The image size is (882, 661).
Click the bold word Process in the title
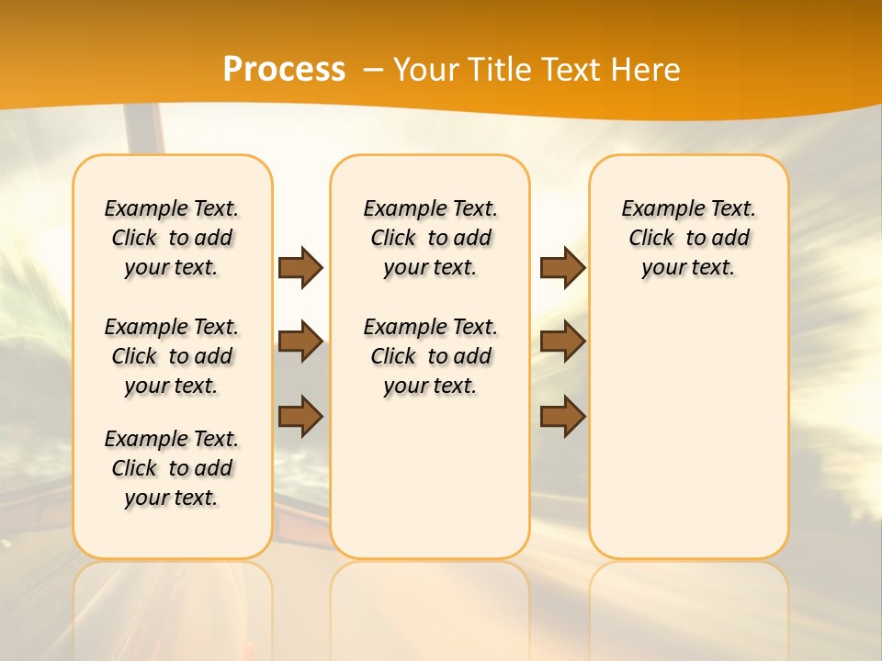(284, 69)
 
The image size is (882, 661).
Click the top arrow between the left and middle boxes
(300, 267)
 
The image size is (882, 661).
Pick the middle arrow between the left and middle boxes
(300, 342)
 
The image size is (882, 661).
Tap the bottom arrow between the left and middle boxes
(300, 416)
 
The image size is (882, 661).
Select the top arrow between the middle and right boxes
(562, 267)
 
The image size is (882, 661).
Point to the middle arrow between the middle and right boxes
(562, 342)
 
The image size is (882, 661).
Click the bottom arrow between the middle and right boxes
(562, 416)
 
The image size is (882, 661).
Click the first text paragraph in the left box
(172, 238)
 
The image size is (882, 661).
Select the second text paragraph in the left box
(172, 356)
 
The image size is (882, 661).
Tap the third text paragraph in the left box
(172, 468)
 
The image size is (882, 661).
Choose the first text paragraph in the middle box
(431, 238)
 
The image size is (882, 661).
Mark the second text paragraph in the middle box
(431, 356)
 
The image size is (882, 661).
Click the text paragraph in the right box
(689, 238)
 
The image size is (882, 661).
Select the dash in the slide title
(374, 70)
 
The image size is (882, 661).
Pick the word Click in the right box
(651, 239)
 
